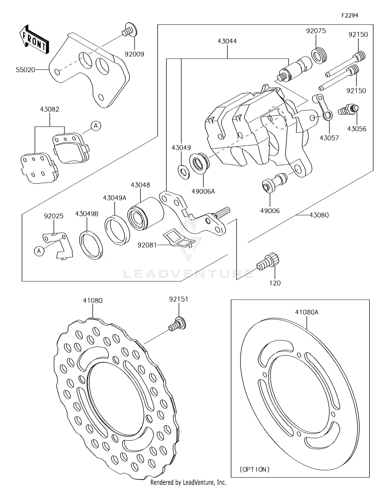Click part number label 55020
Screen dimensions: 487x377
[25, 70]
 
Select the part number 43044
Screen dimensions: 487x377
[227, 41]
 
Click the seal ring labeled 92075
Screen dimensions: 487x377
[319, 55]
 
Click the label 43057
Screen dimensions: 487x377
[329, 138]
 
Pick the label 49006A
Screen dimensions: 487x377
[203, 191]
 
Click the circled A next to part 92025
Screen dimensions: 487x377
[39, 251]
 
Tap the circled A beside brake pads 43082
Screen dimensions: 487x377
[96, 126]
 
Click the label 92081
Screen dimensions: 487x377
[147, 245]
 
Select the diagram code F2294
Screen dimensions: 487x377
[350, 15]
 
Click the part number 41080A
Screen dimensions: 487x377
[307, 312]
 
